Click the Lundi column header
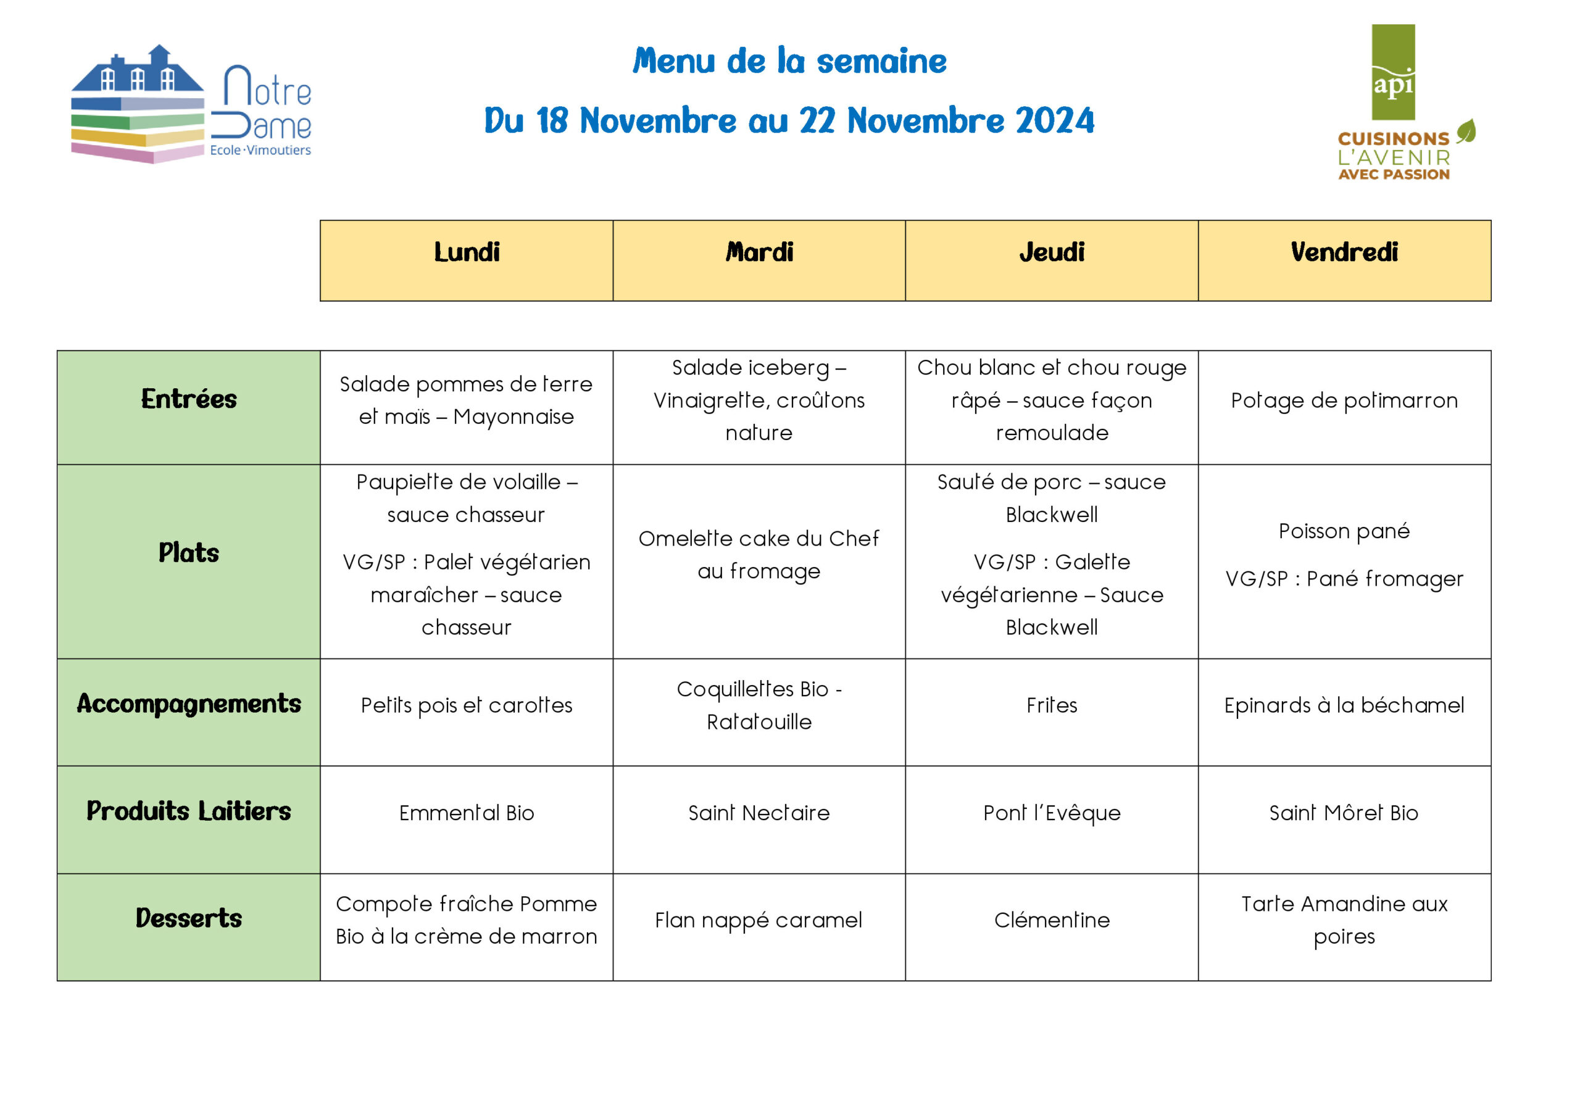click(x=467, y=252)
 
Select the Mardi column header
click(x=759, y=252)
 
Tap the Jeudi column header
click(x=1052, y=252)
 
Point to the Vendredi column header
click(x=1344, y=252)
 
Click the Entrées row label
click(x=189, y=399)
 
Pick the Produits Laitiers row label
click(x=189, y=811)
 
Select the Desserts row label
click(x=189, y=918)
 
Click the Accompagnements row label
click(x=189, y=704)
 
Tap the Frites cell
click(x=1052, y=705)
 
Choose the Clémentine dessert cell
click(x=1052, y=920)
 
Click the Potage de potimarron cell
click(x=1344, y=401)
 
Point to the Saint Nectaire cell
click(x=759, y=813)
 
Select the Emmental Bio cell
click(x=467, y=813)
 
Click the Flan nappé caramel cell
click(x=759, y=920)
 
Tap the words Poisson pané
click(x=1344, y=531)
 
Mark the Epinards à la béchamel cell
click(x=1344, y=705)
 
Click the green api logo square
click(x=1393, y=72)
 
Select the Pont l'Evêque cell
click(x=1052, y=813)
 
